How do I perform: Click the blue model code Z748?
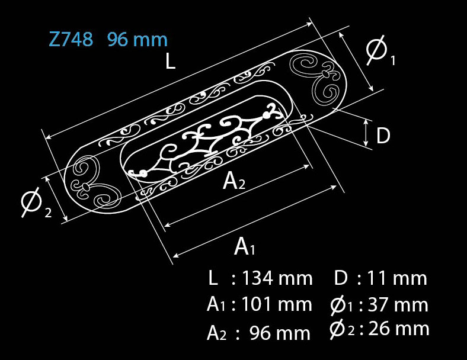pos(71,39)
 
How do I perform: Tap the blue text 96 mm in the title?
pos(137,39)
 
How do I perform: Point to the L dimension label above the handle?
pos(170,62)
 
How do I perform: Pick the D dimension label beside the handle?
pos(383,136)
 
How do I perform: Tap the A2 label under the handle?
pos(234,181)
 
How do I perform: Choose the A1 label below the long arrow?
pos(245,247)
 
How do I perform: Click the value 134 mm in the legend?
pos(277,278)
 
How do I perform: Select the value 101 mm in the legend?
pos(276,304)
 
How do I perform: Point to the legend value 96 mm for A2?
pos(280,333)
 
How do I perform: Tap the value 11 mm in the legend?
pos(396,278)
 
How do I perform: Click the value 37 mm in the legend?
pos(398,304)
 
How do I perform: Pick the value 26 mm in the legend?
pos(399,329)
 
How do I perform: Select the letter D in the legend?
pos(340,278)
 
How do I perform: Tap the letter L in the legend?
pos(213,278)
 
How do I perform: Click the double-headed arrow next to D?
pos(366,133)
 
